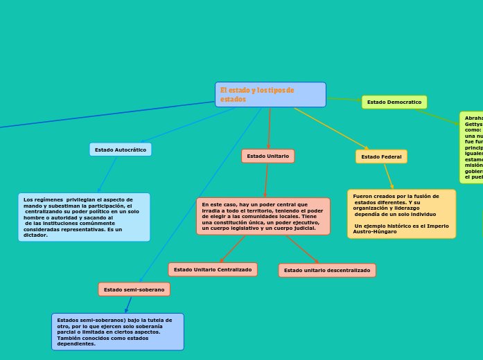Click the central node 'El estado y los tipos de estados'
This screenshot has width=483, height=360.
point(270,95)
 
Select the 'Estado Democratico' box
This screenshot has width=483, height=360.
point(394,102)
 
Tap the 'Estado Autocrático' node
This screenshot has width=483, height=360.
point(121,150)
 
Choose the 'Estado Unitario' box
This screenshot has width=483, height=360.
point(267,156)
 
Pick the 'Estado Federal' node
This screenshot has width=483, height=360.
point(381,157)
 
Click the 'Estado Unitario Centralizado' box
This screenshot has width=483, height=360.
point(213,269)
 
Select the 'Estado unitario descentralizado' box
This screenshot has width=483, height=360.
point(327,270)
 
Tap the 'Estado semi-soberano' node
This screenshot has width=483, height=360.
point(134,289)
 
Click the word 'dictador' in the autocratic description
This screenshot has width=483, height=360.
point(35,235)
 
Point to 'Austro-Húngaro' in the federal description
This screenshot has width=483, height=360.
point(375,232)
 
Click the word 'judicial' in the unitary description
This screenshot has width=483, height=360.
point(303,228)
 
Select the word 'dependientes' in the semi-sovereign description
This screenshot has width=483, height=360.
point(76,343)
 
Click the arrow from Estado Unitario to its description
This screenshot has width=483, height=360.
point(266,181)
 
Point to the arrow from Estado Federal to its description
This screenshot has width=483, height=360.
point(389,177)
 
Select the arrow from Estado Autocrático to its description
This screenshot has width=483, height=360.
point(107,174)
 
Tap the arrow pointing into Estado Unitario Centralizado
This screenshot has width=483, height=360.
point(232,249)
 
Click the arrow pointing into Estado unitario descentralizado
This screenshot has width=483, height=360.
point(302,249)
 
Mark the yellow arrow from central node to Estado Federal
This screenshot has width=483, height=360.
point(331,129)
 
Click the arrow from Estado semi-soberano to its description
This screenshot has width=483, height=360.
point(128,305)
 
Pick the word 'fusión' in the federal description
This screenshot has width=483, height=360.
point(415,197)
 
